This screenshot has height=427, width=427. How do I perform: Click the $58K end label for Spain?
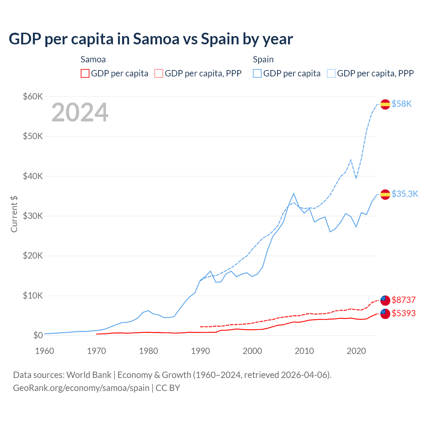tap(402, 104)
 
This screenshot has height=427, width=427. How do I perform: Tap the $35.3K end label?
tap(405, 194)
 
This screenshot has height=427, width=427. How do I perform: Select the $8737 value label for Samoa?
tap(404, 300)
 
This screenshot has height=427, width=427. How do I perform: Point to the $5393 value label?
tap(404, 313)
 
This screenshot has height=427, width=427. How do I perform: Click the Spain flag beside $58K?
tap(385, 104)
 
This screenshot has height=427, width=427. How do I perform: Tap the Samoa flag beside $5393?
tap(385, 314)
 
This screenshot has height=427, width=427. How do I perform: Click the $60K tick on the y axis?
tap(33, 97)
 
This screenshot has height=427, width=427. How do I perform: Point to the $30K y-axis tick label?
tap(33, 216)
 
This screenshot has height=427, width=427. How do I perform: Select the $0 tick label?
tap(38, 335)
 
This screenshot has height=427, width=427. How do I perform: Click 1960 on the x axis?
tap(44, 351)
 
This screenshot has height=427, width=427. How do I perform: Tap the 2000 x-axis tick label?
tap(252, 351)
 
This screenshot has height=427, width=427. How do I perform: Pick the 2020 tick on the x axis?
tap(356, 351)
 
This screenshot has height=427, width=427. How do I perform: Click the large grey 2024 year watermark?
tap(80, 112)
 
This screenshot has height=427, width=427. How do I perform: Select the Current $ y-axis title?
tap(14, 214)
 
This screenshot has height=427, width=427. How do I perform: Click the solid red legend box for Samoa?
tap(85, 73)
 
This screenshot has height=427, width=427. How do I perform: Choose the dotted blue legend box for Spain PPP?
tap(331, 73)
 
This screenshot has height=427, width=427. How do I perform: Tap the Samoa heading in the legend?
tap(93, 59)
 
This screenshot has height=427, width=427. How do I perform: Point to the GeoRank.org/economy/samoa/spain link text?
tap(81, 388)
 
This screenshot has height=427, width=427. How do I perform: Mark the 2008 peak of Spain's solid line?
tap(294, 193)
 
